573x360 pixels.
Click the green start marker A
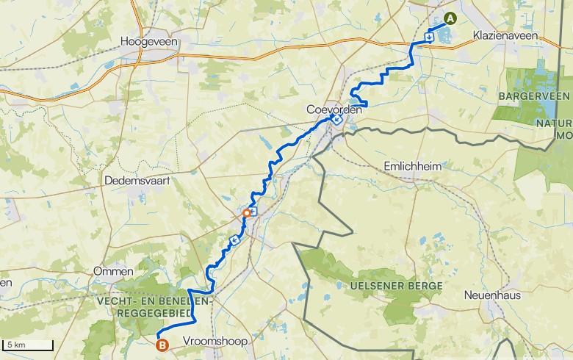coord(450,20)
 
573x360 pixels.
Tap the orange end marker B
coord(162,342)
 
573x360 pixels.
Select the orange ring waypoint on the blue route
coord(246,213)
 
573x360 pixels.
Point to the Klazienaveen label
coord(505,35)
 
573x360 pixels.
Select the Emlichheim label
coord(412,167)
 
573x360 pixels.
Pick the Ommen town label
coord(113,271)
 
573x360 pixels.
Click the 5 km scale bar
coord(28,345)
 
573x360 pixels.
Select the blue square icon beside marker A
coord(429,34)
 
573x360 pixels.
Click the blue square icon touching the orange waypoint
coord(253,212)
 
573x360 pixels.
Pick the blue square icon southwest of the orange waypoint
coord(235,240)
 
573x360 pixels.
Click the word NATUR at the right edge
coord(563,123)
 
